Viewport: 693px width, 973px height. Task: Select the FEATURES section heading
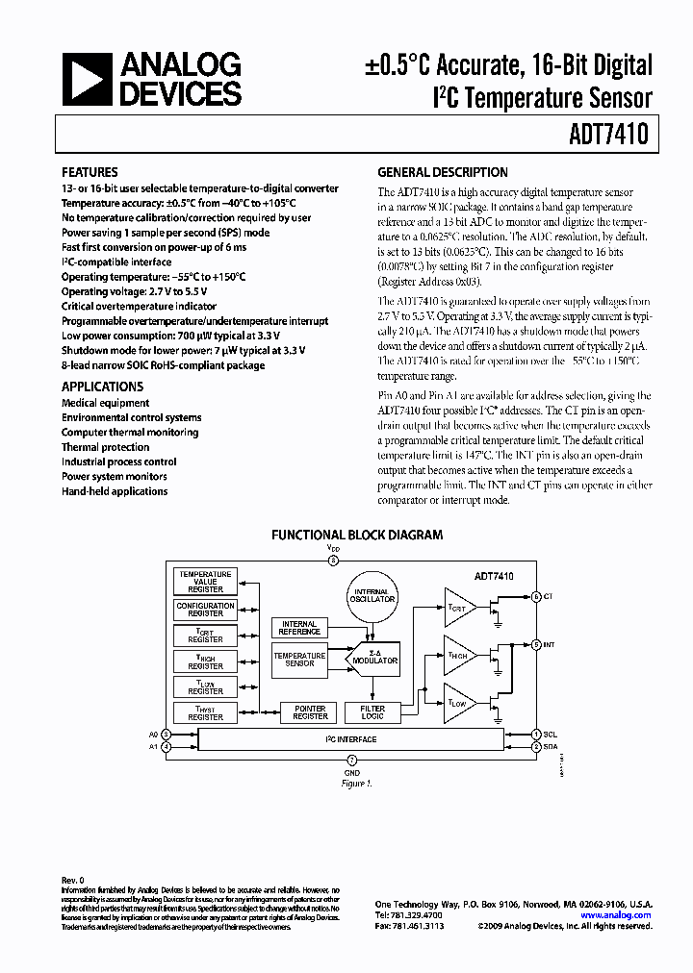point(90,173)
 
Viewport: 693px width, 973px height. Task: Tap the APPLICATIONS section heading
point(103,386)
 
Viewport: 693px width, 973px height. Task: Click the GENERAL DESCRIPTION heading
point(442,173)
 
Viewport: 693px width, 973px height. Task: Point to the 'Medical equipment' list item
point(106,403)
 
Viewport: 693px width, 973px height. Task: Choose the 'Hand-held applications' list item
point(115,491)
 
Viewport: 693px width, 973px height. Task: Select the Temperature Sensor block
point(300,659)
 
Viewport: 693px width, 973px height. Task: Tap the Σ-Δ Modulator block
point(374,656)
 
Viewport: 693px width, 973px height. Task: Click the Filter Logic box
point(372,711)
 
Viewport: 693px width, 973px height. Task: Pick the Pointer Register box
point(310,711)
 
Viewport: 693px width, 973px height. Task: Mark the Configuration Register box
point(205,609)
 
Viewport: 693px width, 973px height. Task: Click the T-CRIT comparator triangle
point(459,605)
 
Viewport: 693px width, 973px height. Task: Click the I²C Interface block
point(349,739)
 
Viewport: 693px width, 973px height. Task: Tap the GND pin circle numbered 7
point(351,760)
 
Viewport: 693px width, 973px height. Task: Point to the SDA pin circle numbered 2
point(536,745)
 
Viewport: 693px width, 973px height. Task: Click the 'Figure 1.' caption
point(355,783)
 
